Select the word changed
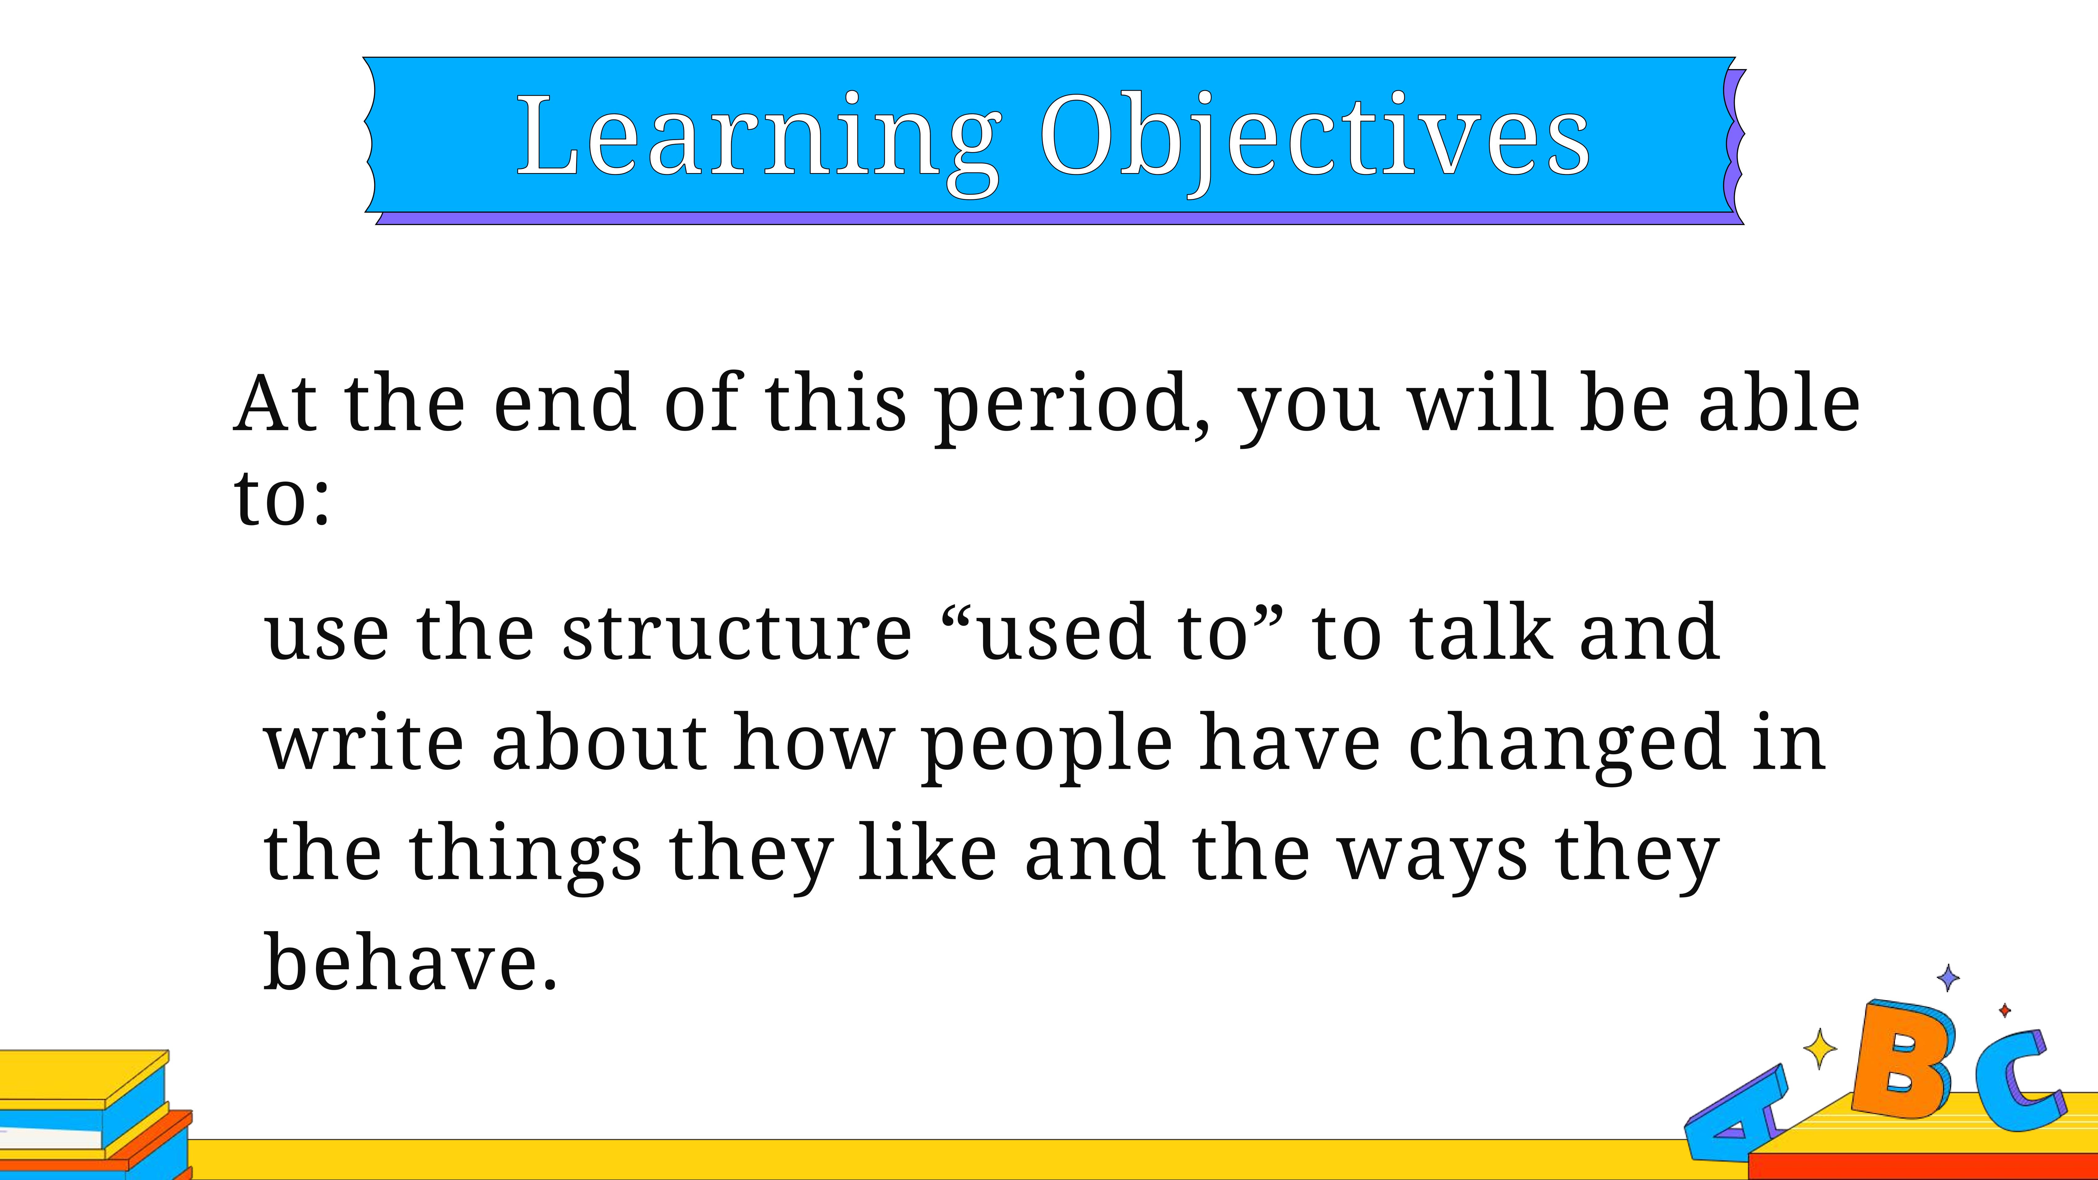click(1566, 747)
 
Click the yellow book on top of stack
click(84, 1079)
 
